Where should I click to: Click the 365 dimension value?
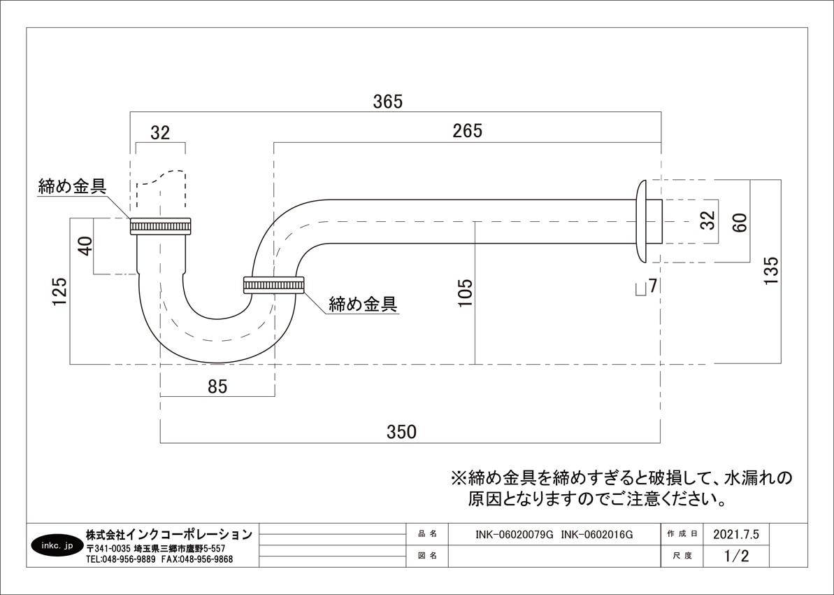click(388, 101)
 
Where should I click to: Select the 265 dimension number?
click(467, 131)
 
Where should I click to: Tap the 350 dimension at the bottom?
click(401, 432)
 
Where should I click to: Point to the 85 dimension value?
click(217, 386)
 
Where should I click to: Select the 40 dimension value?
click(85, 246)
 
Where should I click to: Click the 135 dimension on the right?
click(770, 271)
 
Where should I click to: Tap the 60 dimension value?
click(740, 223)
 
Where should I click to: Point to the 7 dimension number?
click(653, 286)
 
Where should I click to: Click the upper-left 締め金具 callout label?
click(72, 187)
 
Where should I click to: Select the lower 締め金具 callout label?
click(363, 304)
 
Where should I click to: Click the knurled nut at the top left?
click(161, 226)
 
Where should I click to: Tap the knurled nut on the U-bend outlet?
click(273, 285)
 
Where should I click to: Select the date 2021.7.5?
click(735, 534)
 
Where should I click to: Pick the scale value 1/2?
click(736, 556)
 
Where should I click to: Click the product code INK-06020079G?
click(514, 534)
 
